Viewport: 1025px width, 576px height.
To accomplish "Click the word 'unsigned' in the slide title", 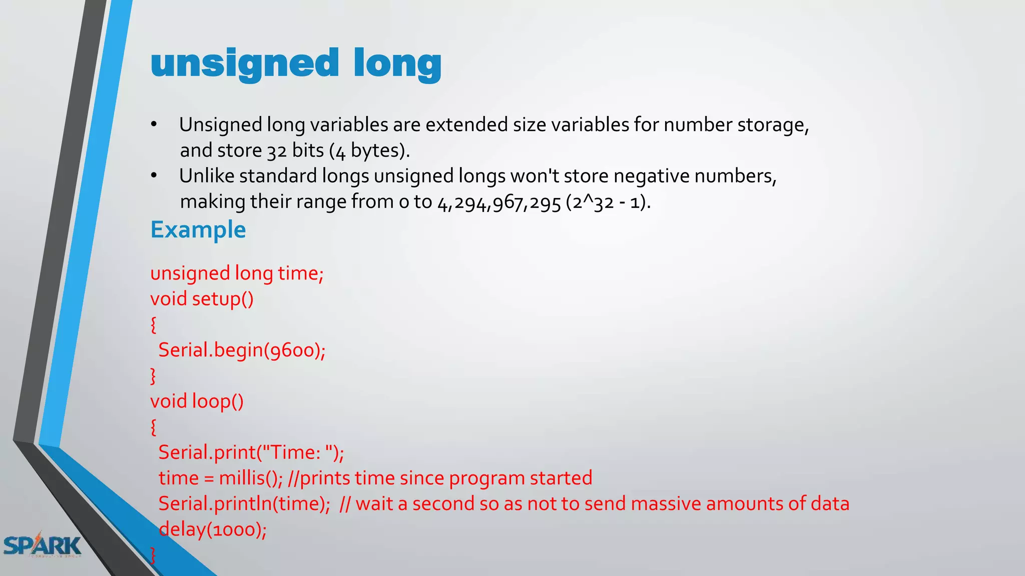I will coord(245,64).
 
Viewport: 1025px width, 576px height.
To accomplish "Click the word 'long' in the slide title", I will coord(397,64).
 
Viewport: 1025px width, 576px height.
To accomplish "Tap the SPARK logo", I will coord(42,545).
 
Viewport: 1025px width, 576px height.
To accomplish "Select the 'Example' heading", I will coord(198,230).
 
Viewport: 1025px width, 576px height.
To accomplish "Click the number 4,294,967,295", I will coord(499,202).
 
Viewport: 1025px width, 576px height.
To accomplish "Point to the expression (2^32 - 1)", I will coord(608,202).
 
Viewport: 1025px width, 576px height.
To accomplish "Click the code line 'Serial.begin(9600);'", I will coord(242,350).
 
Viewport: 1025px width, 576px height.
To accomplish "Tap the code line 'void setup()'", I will coord(202,299).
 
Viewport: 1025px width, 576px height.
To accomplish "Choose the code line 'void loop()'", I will coord(197,401).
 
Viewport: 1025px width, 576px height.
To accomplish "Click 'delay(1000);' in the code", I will coord(213,529).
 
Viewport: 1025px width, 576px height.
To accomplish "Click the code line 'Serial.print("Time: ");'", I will coord(251,452).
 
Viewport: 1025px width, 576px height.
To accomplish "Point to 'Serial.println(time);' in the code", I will coord(244,503).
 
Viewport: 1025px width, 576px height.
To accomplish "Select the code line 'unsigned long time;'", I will coord(237,273).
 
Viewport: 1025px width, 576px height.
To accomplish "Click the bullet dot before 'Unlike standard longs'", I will coord(154,175).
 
